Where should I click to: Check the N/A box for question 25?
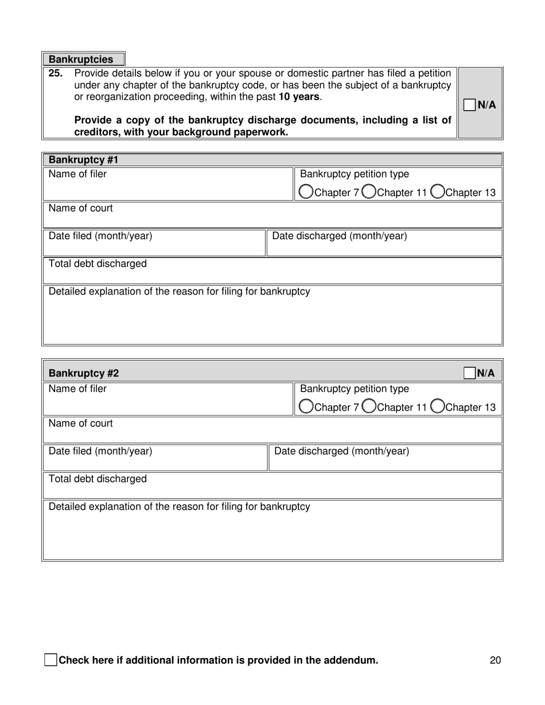click(469, 105)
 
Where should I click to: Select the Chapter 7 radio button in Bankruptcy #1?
click(306, 191)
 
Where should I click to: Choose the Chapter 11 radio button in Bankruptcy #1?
click(369, 191)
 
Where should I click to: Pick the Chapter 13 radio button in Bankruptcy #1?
click(437, 191)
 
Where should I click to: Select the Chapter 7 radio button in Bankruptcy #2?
click(306, 406)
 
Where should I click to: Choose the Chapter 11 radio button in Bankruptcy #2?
click(369, 406)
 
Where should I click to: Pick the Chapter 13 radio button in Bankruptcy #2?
click(437, 406)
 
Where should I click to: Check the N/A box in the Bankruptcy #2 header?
click(469, 373)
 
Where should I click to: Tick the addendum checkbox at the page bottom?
click(50, 660)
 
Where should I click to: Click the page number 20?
click(496, 660)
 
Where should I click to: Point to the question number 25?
click(56, 73)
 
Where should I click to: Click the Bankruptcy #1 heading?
click(83, 160)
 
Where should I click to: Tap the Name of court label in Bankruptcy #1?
click(80, 208)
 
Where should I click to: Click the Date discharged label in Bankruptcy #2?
click(342, 451)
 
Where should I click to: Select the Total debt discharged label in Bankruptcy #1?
click(98, 264)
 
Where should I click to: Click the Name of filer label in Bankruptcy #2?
click(77, 389)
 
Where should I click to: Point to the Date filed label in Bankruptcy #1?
click(100, 236)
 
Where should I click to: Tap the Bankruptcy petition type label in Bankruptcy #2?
click(355, 389)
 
